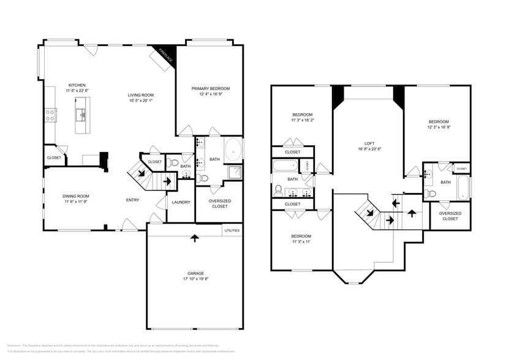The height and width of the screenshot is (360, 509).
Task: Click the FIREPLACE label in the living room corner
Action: pyautogui.click(x=165, y=55)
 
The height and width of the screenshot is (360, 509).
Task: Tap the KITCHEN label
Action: pyautogui.click(x=77, y=85)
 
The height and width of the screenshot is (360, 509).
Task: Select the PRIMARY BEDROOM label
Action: pyautogui.click(x=210, y=89)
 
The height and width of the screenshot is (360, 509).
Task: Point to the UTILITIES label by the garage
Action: pyautogui.click(x=232, y=231)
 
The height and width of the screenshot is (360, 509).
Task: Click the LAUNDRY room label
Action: pyautogui.click(x=181, y=202)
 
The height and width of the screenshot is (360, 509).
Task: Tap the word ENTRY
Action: pyautogui.click(x=132, y=200)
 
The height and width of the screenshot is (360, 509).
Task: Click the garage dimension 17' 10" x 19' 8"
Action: pyautogui.click(x=195, y=279)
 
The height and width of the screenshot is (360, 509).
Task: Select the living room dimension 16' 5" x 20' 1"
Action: pyautogui.click(x=140, y=101)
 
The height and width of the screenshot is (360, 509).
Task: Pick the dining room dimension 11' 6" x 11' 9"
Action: pyautogui.click(x=77, y=201)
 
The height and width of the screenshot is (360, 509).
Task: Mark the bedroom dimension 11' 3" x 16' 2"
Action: pyautogui.click(x=303, y=121)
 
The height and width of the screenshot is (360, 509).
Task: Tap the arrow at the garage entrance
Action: pyautogui.click(x=195, y=238)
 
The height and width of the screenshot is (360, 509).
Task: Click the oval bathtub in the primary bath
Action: pyautogui.click(x=233, y=150)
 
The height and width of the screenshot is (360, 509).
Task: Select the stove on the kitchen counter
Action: pyautogui.click(x=50, y=114)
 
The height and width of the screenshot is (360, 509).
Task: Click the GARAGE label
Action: pyautogui.click(x=195, y=273)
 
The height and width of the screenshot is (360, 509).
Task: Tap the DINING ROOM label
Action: pyautogui.click(x=77, y=196)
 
